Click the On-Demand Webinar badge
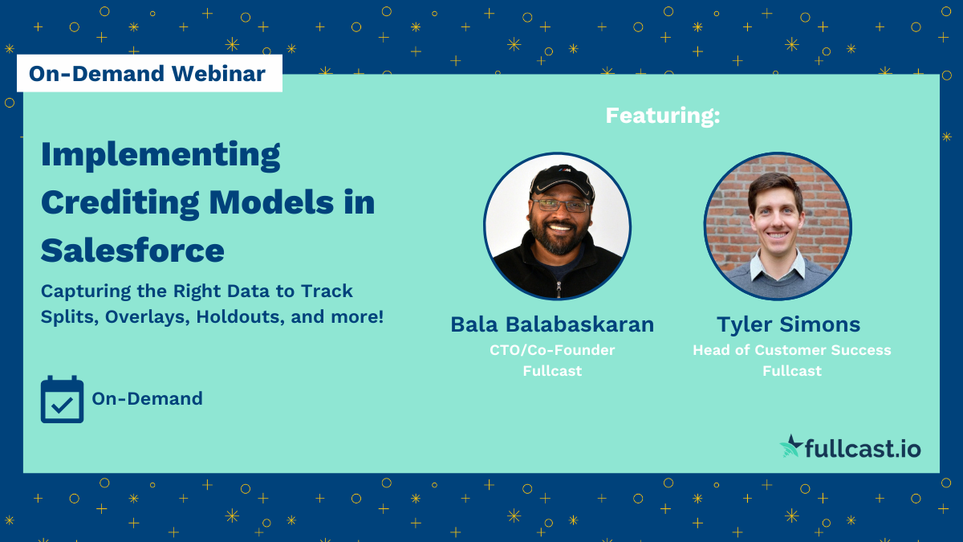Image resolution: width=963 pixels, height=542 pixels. point(148,74)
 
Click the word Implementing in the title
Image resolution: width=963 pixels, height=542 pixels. point(160,155)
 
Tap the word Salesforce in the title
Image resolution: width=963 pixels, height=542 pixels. point(132,251)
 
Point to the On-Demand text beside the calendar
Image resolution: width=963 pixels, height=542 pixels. point(147,398)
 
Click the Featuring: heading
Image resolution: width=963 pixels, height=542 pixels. point(663,116)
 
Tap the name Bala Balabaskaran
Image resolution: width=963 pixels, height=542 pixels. point(552,324)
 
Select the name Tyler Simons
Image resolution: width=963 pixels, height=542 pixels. point(788,324)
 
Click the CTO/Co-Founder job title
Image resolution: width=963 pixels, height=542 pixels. point(551,350)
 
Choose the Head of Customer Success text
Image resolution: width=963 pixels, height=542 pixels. point(791,350)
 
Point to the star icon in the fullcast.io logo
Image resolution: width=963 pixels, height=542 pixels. point(792,446)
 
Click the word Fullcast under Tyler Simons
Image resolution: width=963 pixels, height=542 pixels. point(791,371)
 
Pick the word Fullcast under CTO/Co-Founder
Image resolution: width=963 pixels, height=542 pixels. point(551,371)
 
